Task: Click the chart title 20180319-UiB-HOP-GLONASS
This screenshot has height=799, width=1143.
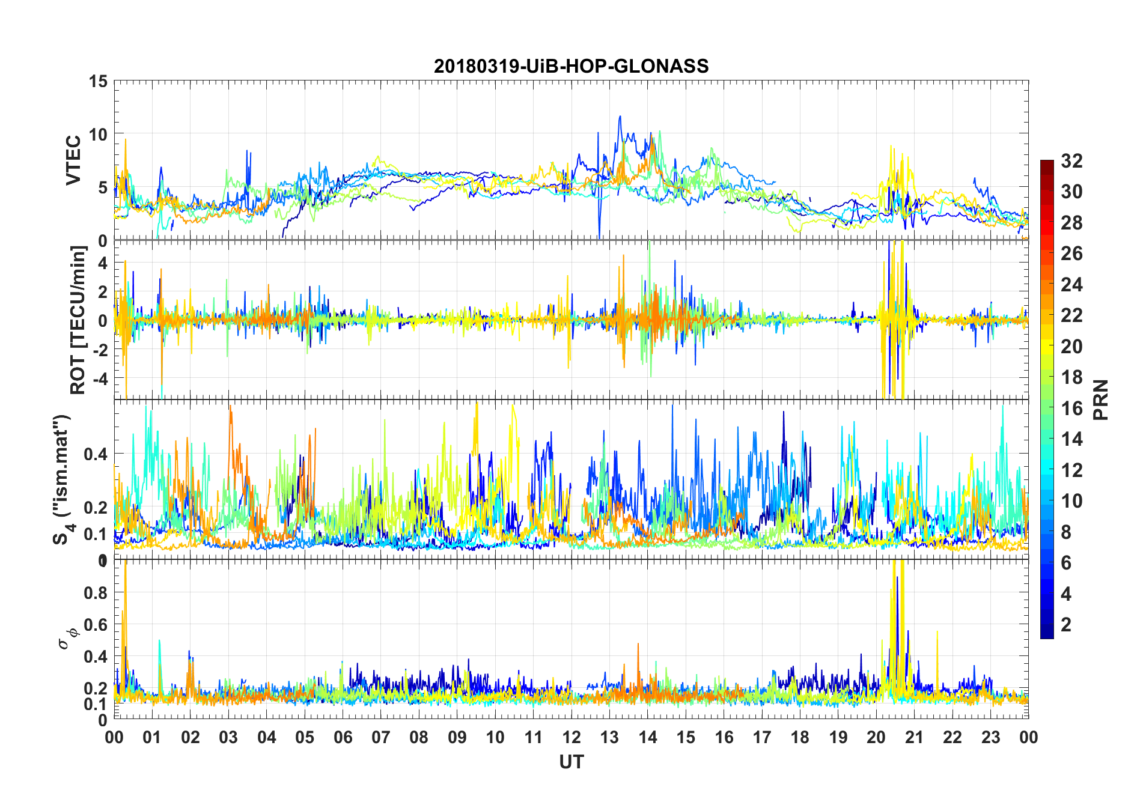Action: tap(571, 66)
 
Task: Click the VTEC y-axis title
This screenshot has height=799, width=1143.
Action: tap(73, 160)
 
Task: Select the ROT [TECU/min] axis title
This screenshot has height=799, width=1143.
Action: tap(78, 320)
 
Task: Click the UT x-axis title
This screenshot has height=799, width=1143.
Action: tap(571, 762)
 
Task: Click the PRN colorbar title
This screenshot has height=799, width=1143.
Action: tap(1100, 399)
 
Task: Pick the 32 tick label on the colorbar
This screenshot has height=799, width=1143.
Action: tap(1071, 161)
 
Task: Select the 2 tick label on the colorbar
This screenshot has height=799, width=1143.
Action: tap(1066, 625)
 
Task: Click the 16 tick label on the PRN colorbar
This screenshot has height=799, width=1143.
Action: tap(1071, 409)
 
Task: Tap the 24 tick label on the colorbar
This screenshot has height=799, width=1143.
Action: tap(1071, 285)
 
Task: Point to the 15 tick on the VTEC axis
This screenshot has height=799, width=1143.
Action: tap(98, 81)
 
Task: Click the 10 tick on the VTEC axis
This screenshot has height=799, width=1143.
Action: tap(98, 135)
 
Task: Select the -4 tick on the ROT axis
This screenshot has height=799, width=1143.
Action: tap(99, 379)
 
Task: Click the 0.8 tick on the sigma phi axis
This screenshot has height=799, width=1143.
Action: tap(96, 592)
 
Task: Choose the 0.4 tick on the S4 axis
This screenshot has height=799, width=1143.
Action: tap(96, 454)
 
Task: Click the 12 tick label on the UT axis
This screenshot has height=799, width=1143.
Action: tap(571, 737)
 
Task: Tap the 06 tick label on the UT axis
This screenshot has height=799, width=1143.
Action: tap(343, 737)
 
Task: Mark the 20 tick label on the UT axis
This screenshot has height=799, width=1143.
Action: tap(876, 737)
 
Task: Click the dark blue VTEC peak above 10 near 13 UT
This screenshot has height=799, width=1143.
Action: tap(620, 117)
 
